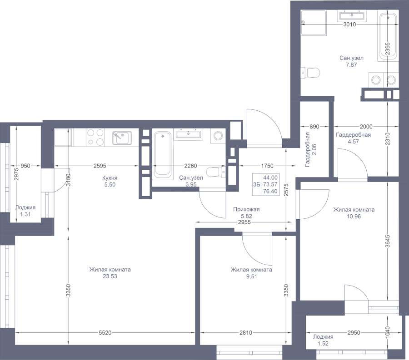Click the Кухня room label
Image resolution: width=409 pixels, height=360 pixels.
(110, 178)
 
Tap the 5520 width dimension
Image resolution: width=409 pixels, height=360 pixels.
(105, 333)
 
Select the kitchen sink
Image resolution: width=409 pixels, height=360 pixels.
(122, 138)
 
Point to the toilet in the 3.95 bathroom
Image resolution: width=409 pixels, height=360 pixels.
(216, 172)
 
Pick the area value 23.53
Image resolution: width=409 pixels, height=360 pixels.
(110, 276)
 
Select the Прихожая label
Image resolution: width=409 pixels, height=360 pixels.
(246, 209)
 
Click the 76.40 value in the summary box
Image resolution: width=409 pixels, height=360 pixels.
(270, 191)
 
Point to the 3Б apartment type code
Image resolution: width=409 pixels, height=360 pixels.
(257, 184)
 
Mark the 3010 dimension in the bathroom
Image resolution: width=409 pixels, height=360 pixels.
(349, 25)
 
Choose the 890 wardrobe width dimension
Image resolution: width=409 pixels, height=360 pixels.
(314, 127)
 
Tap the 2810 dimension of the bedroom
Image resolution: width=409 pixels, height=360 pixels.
(246, 333)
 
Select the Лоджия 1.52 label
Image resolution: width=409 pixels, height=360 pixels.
(323, 340)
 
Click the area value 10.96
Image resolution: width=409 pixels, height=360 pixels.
(354, 217)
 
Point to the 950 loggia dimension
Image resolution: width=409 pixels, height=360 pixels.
(25, 166)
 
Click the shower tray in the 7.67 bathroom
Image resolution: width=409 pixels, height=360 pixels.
(314, 23)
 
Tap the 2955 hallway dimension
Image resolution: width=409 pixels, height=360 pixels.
(244, 222)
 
